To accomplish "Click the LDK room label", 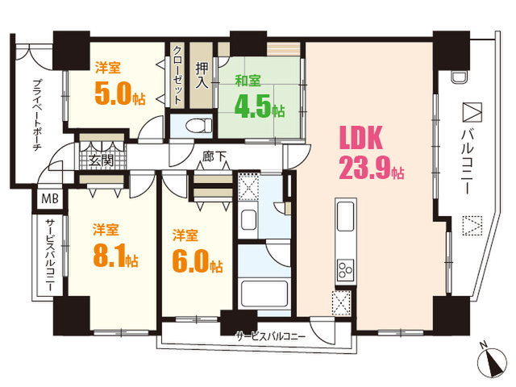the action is pyautogui.click(x=361, y=138).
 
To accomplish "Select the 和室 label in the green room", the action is pyautogui.click(x=248, y=81).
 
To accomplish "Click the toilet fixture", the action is pyautogui.click(x=199, y=126).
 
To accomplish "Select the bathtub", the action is pyautogui.click(x=264, y=293).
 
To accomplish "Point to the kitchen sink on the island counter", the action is pyautogui.click(x=346, y=217).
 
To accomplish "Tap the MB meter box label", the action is pyautogui.click(x=50, y=198).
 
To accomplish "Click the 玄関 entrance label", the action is pyautogui.click(x=102, y=160).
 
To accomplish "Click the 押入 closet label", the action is pyautogui.click(x=202, y=76).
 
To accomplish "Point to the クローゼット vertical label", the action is pyautogui.click(x=177, y=75).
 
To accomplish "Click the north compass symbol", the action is pyautogui.click(x=492, y=361).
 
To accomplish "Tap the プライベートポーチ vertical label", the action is pyautogui.click(x=38, y=114).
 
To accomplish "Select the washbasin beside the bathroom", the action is pyautogui.click(x=248, y=219).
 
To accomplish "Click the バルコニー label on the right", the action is pyautogui.click(x=468, y=161).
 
